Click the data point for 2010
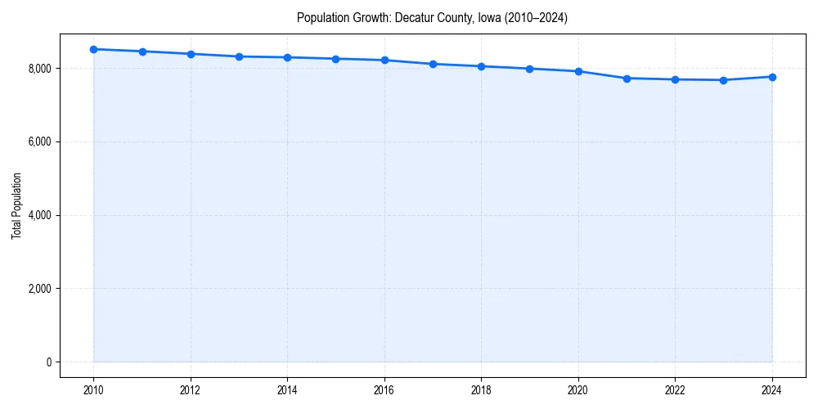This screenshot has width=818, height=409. (x=94, y=49)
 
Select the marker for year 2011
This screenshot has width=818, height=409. (x=142, y=52)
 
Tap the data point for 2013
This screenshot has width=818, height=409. (x=239, y=56)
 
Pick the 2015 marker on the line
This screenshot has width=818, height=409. (x=336, y=59)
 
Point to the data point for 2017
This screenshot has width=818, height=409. (x=433, y=64)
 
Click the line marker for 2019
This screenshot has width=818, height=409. (x=530, y=69)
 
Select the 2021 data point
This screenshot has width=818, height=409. (x=627, y=79)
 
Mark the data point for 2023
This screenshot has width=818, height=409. (x=724, y=80)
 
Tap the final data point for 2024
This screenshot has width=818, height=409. (x=772, y=77)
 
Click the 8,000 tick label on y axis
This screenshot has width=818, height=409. (x=39, y=69)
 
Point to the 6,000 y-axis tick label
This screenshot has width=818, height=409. (x=39, y=142)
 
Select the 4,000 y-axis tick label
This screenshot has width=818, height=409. (x=39, y=216)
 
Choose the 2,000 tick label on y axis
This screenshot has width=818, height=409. (x=39, y=289)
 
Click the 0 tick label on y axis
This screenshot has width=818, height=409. (x=48, y=362)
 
